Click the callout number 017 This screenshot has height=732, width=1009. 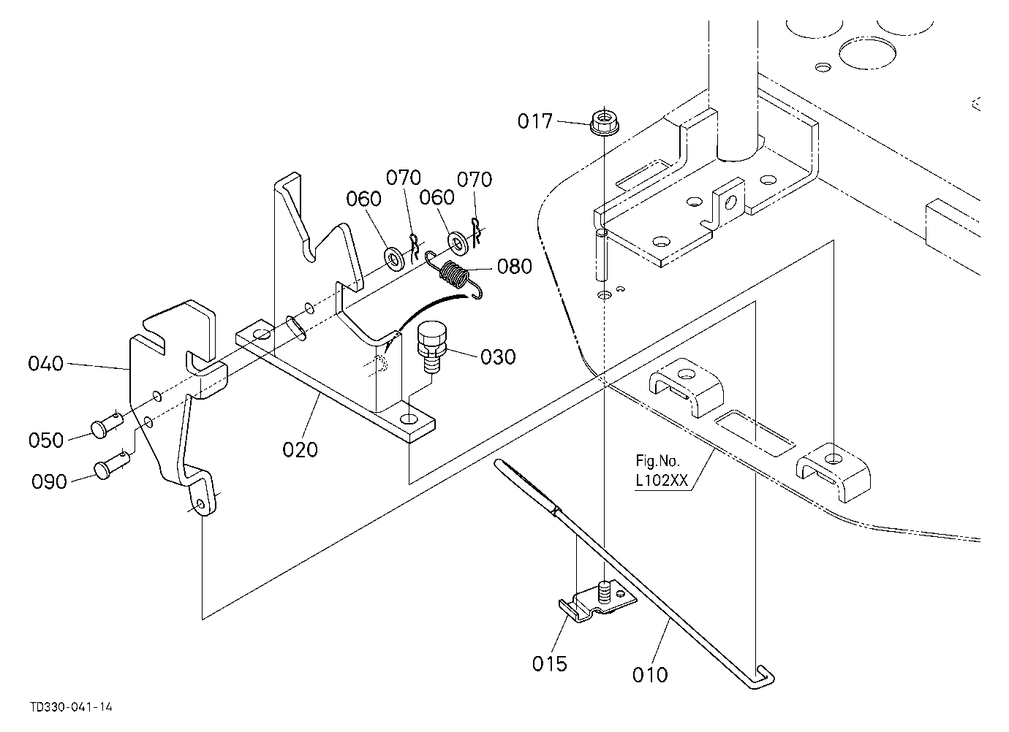(x=534, y=121)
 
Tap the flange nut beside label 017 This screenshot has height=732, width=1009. (x=604, y=123)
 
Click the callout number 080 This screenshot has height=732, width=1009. (x=515, y=267)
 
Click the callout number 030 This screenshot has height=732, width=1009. (x=498, y=357)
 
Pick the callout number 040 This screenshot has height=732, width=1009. (x=45, y=363)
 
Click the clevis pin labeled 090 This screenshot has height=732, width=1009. (x=112, y=466)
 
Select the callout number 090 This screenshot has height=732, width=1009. (x=49, y=481)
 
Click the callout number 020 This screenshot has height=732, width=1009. (x=300, y=449)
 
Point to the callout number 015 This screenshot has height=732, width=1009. (x=550, y=663)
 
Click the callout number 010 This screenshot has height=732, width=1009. (x=650, y=675)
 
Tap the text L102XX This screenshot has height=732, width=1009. (x=662, y=481)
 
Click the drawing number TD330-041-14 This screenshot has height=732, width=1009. (x=71, y=707)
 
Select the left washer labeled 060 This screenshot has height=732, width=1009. (x=394, y=259)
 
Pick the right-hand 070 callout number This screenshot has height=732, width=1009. (x=475, y=180)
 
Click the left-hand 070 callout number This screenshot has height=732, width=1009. (x=404, y=178)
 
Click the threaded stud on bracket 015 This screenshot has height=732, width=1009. (x=605, y=592)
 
